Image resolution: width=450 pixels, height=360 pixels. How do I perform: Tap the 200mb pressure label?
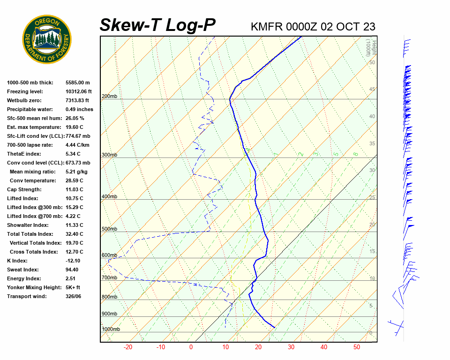point(109,97)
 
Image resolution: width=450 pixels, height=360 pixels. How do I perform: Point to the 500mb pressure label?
point(109,229)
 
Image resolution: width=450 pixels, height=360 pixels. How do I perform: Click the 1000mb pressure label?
point(111,330)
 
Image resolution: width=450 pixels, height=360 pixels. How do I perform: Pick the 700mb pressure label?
point(109,278)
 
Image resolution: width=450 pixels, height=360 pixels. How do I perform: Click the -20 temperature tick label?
point(127,347)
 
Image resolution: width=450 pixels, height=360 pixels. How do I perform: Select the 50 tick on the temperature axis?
point(357,347)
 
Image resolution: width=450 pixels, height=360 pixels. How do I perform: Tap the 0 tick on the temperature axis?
point(191,347)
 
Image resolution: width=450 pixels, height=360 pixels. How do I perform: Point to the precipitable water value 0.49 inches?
point(79,109)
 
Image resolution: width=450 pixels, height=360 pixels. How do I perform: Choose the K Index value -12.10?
point(73,261)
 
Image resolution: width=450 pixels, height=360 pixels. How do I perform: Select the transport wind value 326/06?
point(74,296)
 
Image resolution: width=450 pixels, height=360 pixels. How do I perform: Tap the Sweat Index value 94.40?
point(72,270)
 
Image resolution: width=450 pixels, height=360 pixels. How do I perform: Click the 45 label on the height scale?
point(372,90)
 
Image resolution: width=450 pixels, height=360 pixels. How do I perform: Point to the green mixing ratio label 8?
point(356,154)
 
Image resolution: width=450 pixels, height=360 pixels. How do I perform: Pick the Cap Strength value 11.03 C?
point(74,189)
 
